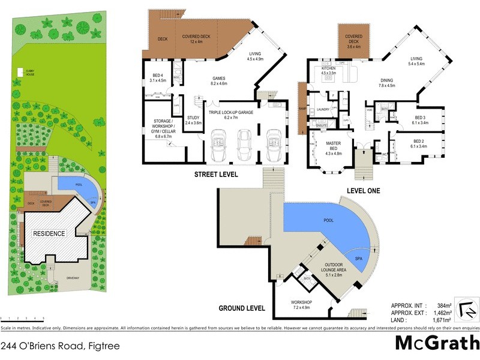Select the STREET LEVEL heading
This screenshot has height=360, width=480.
pos(215,175)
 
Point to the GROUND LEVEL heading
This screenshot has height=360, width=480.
pos(242,308)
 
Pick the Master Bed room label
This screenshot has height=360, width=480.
pos(333,146)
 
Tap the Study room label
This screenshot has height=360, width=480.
pos(193,120)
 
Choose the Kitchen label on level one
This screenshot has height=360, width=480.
pos(329,71)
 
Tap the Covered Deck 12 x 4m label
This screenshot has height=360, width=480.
pos(195,39)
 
